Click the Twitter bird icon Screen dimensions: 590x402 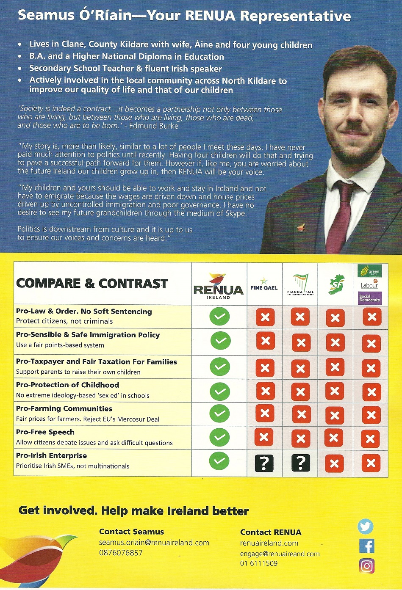click(x=366, y=527)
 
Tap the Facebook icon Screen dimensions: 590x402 click(x=366, y=546)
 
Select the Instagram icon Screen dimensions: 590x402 click(x=367, y=566)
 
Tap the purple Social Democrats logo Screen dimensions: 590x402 click(x=370, y=298)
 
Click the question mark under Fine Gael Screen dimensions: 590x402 click(x=264, y=463)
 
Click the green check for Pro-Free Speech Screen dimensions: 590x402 click(x=219, y=437)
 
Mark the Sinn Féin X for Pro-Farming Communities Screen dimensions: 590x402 click(x=335, y=415)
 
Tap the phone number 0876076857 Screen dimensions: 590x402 click(x=121, y=553)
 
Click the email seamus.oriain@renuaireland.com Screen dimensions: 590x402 click(x=154, y=543)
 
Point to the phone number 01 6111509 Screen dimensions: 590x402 click(x=259, y=563)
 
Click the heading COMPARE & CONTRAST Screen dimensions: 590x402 click(x=92, y=284)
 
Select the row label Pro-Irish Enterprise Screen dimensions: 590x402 click(x=51, y=455)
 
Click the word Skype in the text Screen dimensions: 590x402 click(x=235, y=213)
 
